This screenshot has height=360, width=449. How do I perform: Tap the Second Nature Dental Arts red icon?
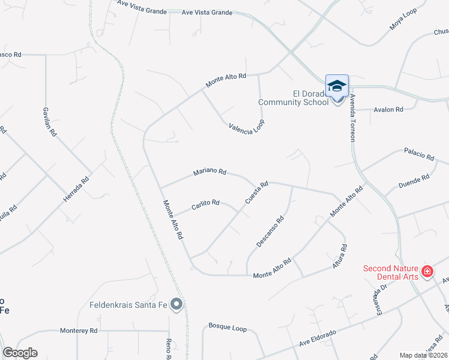pos(427,272)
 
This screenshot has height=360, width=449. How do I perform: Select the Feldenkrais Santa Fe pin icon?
pos(176,305)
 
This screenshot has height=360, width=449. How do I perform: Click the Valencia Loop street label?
pos(247,125)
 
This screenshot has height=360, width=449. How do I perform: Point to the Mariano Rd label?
pos(209,173)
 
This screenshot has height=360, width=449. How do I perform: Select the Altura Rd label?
pos(340,256)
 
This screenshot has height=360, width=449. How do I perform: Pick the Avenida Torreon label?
pos(352,118)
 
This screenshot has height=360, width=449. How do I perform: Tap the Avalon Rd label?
pos(388,110)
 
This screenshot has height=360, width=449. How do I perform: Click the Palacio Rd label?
pos(419,154)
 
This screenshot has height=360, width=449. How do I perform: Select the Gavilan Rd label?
pos(49,122)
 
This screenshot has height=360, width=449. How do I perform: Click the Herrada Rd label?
pos(76,188)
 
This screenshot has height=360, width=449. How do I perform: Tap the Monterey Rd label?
pos(79,331)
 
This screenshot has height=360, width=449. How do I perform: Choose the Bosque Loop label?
pos(228,328)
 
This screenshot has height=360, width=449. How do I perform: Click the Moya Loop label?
pos(403,22)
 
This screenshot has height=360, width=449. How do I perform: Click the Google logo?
pos(20,353)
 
